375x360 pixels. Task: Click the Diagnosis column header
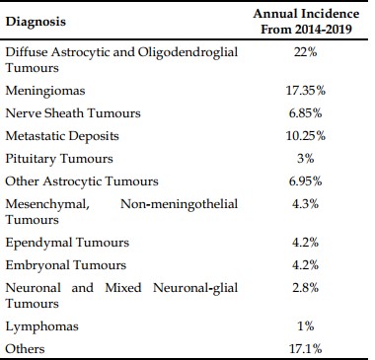(36, 22)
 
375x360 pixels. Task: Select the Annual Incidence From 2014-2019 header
(306, 22)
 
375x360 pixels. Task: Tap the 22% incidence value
(306, 52)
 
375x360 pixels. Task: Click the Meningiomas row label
(45, 91)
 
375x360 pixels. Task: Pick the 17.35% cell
(306, 91)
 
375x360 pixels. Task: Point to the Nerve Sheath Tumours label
(73, 113)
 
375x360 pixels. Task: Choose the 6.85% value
(306, 113)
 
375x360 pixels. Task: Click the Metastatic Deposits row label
(62, 136)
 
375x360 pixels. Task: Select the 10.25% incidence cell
(306, 136)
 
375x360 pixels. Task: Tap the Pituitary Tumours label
(59, 159)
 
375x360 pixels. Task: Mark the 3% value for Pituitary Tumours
(306, 159)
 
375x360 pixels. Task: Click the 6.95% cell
(306, 181)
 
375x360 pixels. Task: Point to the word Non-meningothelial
(180, 204)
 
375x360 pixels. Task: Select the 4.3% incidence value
(306, 204)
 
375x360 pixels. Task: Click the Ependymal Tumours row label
(67, 243)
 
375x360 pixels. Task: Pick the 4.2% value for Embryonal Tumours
(306, 265)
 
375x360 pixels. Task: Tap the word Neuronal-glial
(195, 288)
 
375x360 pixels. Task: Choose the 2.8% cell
(306, 288)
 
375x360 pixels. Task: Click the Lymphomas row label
(42, 326)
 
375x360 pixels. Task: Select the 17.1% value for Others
(306, 349)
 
